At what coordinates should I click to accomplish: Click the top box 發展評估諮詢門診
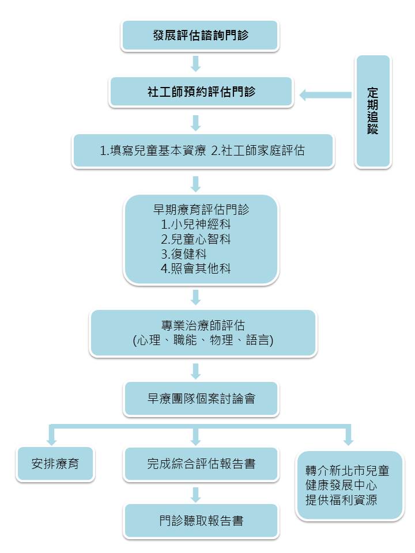[x=200, y=35]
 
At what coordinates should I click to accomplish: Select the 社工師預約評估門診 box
[x=201, y=92]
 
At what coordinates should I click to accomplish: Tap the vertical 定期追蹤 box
[x=373, y=111]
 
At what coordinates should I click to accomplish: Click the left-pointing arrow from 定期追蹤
[x=325, y=95]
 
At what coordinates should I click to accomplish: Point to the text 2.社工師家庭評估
[x=258, y=150]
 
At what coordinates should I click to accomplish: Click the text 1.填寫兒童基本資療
[x=153, y=150]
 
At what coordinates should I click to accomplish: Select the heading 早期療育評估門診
[x=201, y=210]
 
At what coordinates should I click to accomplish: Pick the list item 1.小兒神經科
[x=196, y=224]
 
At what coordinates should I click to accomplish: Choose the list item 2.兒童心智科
[x=196, y=239]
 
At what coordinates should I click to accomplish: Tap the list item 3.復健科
[x=184, y=254]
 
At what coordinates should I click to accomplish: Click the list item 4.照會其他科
[x=196, y=269]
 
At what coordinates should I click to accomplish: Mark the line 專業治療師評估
[x=203, y=325]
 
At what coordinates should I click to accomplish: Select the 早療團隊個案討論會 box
[x=201, y=399]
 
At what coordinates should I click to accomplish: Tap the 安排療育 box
[x=55, y=463]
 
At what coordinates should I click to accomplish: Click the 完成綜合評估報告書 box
[x=201, y=463]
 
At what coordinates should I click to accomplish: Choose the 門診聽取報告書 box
[x=201, y=521]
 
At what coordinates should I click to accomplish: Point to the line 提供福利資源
[x=341, y=500]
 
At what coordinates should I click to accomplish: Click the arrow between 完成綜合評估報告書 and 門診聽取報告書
[x=195, y=495]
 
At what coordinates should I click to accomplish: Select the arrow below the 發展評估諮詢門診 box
[x=195, y=64]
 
